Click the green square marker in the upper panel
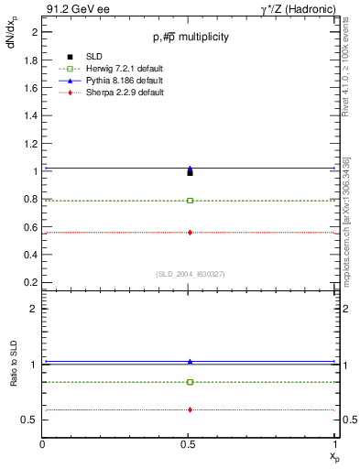click(190, 200)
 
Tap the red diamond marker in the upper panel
click(190, 233)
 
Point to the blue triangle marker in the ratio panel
click(190, 362)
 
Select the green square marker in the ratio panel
click(190, 382)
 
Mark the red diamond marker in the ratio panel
click(190, 409)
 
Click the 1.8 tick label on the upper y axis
click(31, 60)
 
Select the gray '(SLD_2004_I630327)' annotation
click(190, 273)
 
